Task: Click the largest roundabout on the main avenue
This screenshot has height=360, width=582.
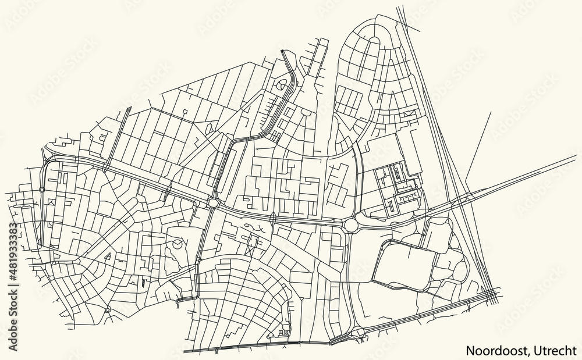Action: [351, 224]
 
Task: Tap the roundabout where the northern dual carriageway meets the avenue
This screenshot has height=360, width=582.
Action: [214, 202]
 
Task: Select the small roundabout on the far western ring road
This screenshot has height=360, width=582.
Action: [42, 189]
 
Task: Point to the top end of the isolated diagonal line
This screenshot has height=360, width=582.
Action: [491, 112]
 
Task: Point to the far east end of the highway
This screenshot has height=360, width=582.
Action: [576, 155]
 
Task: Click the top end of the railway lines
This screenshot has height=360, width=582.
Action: [400, 8]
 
